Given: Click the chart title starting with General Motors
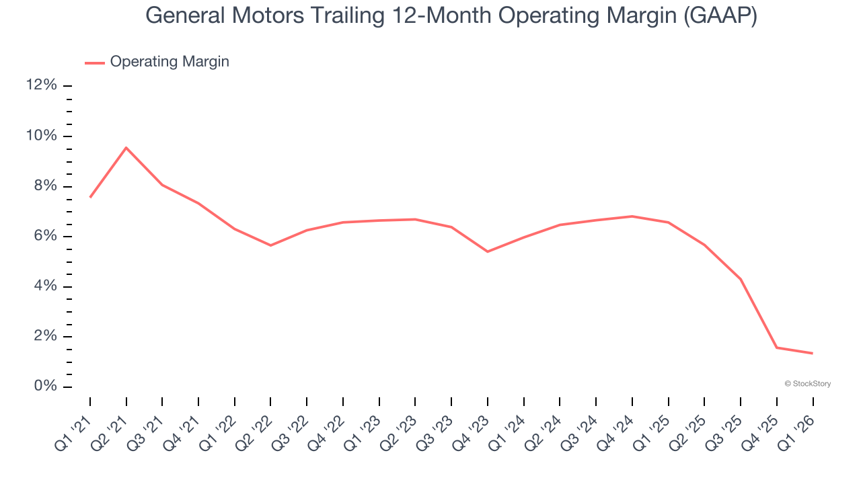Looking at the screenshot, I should click(451, 16).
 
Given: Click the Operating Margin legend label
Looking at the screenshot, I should click(170, 62).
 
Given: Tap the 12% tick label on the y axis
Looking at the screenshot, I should click(41, 85).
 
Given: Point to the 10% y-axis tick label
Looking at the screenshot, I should click(41, 136).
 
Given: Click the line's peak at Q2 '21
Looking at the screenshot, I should click(126, 148).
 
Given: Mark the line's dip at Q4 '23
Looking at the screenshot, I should click(488, 251).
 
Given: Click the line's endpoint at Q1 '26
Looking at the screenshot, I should click(813, 353).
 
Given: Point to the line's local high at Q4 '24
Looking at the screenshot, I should click(632, 216).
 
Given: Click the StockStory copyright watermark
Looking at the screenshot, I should click(808, 384).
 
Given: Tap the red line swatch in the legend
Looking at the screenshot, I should click(95, 63).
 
